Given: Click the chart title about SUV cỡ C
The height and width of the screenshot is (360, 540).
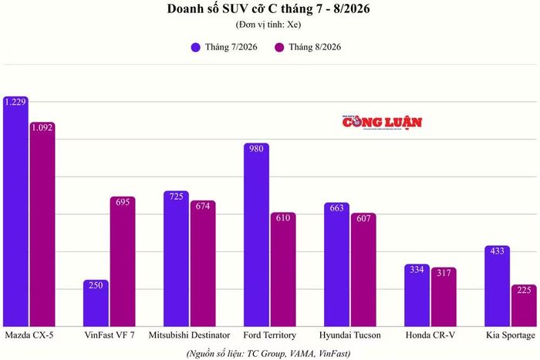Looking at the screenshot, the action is pos(268,9).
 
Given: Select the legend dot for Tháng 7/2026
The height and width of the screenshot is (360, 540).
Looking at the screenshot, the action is pos(196,47).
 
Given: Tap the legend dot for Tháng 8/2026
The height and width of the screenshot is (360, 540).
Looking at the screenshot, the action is pos(279,47).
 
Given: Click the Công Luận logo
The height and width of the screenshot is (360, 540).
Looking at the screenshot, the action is pos(382,123).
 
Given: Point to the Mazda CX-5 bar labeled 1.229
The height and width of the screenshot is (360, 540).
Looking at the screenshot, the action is pos(15,211).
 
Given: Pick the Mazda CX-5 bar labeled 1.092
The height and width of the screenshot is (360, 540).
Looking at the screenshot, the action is pos(42,224).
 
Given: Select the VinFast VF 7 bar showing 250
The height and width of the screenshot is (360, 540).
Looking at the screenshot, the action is pos(96,303).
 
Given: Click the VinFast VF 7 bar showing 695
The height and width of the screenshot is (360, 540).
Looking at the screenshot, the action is pos(123,261).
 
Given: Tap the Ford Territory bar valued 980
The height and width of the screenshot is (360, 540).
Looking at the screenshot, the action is pos(256,234).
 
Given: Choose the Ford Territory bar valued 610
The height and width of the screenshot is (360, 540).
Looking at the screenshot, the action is pos(283,269).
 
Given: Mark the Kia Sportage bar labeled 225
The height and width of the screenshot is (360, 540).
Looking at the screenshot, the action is pos(524,305).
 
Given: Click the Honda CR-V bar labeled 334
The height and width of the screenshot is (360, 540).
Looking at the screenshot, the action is pos(417,295).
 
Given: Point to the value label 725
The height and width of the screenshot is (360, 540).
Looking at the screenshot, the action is pos(177,197).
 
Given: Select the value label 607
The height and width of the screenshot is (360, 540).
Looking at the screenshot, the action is pos(363,219).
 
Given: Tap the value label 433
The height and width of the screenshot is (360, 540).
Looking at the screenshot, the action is pos(498,251).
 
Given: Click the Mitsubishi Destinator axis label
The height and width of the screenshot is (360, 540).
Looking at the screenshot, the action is pos(190,335).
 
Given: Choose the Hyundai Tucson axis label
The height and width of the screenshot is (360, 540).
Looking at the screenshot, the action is pos(350,335).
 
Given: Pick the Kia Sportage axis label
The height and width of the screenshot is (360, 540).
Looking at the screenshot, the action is pos(511,335).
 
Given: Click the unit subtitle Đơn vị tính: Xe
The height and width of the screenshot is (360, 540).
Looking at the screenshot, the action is pos(268,25).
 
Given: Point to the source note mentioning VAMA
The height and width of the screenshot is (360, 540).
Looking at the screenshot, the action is pos(268,354).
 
